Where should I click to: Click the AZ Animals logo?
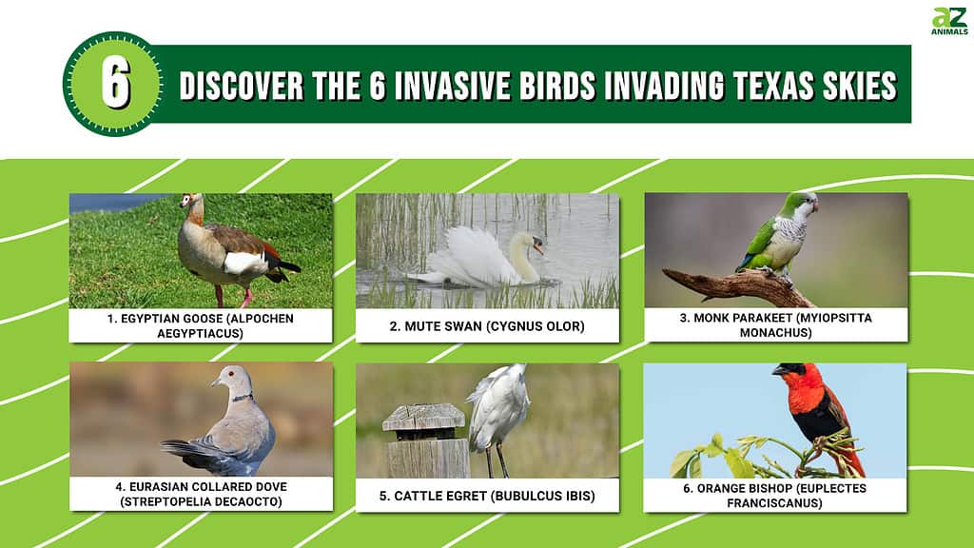click(x=949, y=21)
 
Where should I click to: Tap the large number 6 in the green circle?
click(x=115, y=84)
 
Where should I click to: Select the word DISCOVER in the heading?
click(x=242, y=86)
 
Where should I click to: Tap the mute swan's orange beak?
click(x=538, y=248)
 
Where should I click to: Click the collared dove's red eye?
click(x=231, y=374)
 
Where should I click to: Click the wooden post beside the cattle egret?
click(x=425, y=440)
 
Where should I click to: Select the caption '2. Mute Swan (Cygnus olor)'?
click(x=487, y=326)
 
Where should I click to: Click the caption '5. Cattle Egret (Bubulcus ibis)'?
click(x=487, y=496)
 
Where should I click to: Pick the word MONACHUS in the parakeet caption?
click(x=776, y=332)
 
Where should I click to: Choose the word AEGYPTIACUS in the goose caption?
click(x=200, y=333)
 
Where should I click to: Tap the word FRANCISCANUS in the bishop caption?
click(x=774, y=502)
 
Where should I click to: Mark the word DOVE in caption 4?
click(x=271, y=486)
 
